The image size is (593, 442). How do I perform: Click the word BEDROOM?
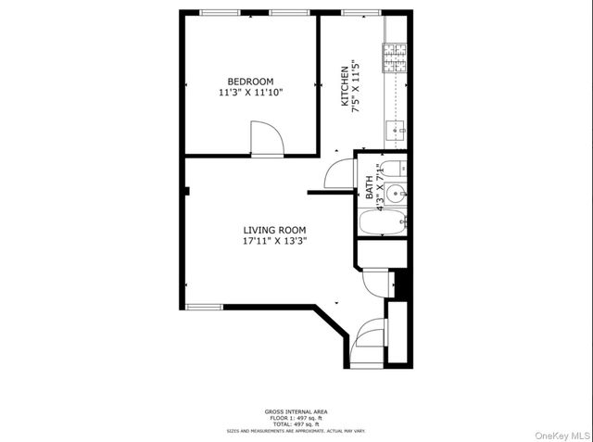coord(252,81)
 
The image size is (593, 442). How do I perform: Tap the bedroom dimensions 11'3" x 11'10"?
coord(251,93)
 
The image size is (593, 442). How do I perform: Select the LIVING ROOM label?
coord(274,230)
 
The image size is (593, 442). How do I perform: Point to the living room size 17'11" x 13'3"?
coord(274,241)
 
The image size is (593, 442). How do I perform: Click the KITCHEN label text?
coord(345,86)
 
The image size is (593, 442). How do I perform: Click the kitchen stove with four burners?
coord(396,58)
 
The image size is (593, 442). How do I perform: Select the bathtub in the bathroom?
coord(383,222)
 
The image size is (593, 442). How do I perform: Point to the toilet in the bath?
coord(393,168)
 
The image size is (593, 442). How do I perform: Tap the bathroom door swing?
coord(339,173)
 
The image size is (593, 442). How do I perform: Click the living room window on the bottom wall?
coord(204,307)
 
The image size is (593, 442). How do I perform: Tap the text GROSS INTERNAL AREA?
coord(296,411)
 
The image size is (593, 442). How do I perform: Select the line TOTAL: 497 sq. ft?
coord(296,423)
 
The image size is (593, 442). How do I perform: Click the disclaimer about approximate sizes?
coord(296,430)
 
